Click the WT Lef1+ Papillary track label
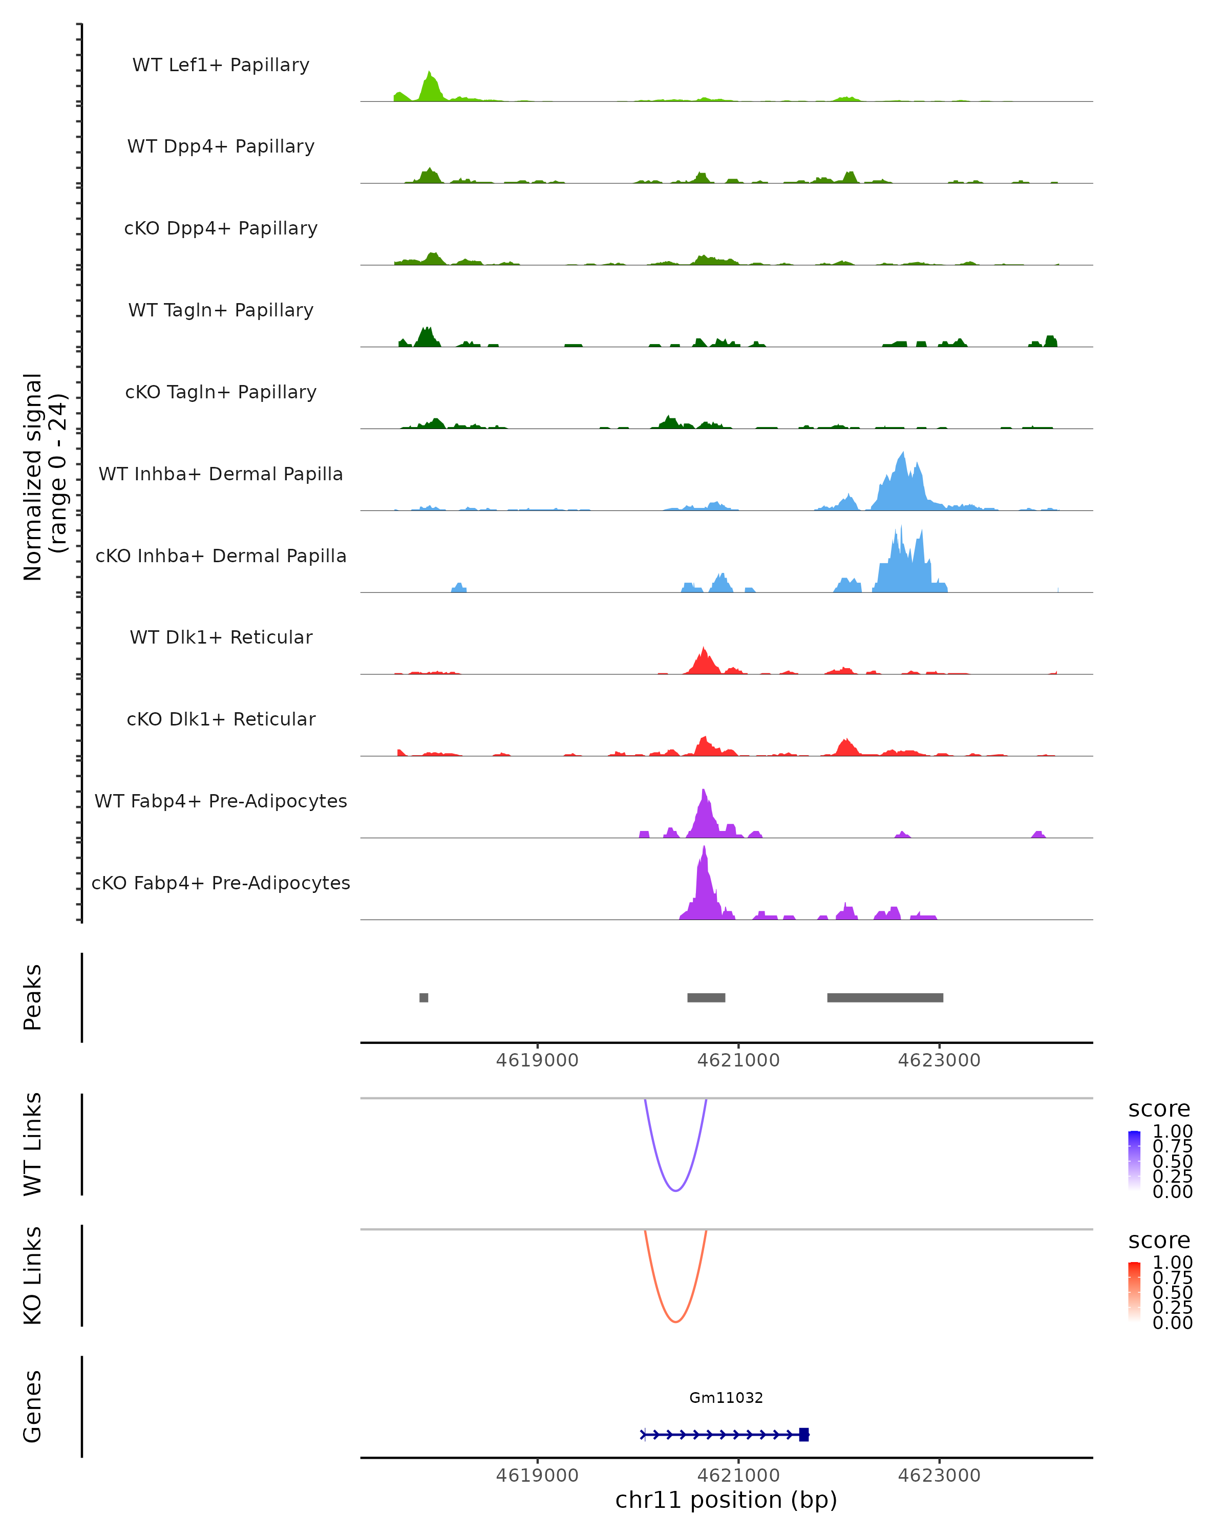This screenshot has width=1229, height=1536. [221, 65]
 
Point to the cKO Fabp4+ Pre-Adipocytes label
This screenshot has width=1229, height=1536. [221, 883]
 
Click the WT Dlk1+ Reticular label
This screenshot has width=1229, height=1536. [221, 637]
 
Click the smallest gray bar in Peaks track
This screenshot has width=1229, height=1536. [424, 997]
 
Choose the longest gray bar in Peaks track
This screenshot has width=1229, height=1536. [885, 997]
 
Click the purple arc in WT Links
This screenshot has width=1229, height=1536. [675, 1190]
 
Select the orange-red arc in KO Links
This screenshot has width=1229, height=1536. [675, 1321]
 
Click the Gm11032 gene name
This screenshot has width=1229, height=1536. [726, 1398]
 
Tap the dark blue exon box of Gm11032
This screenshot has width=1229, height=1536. [803, 1434]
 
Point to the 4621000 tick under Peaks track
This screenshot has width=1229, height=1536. [738, 1060]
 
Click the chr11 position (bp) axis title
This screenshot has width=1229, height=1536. [726, 1500]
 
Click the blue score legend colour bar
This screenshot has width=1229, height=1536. [1134, 1161]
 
